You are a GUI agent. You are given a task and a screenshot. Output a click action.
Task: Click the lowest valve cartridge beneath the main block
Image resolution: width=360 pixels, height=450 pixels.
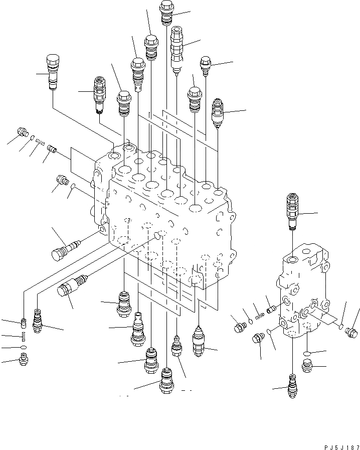[x=166, y=383]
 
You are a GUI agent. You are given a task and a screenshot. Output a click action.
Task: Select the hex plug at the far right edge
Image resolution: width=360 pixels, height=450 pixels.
[x=351, y=332]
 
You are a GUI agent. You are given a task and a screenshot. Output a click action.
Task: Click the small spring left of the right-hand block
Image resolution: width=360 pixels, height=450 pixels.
[x=259, y=316]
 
